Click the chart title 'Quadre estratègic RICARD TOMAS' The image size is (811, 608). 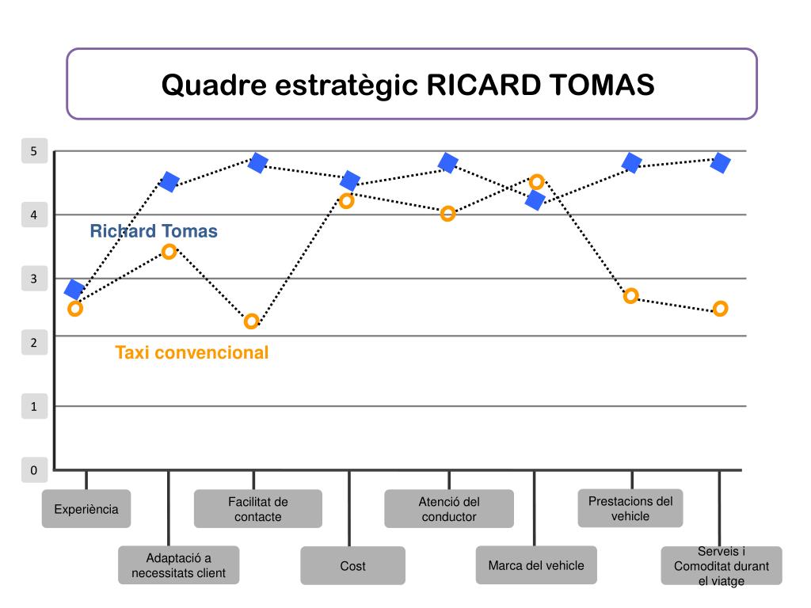point(408,85)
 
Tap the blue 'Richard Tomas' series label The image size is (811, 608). point(154,231)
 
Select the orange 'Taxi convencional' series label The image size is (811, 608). point(192,352)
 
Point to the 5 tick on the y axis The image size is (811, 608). point(33,151)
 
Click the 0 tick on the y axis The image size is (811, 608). point(33,470)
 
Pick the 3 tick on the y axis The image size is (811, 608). point(33,279)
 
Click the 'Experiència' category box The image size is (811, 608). point(86,509)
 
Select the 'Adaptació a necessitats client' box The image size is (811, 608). point(178,565)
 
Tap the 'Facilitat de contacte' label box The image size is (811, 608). point(258,509)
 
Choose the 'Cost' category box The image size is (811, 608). point(352,566)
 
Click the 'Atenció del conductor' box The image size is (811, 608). point(449,509)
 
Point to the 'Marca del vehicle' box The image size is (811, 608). point(536,565)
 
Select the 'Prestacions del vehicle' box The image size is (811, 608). point(630,508)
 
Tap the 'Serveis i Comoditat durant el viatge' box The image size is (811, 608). point(721,566)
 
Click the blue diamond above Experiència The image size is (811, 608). point(74,290)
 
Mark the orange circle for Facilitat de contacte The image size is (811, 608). point(252,321)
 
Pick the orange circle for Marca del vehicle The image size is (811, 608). point(536,182)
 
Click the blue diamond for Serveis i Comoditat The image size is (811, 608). point(720,163)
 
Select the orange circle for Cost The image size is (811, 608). point(346,201)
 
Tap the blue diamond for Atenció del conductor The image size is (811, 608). point(448,163)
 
